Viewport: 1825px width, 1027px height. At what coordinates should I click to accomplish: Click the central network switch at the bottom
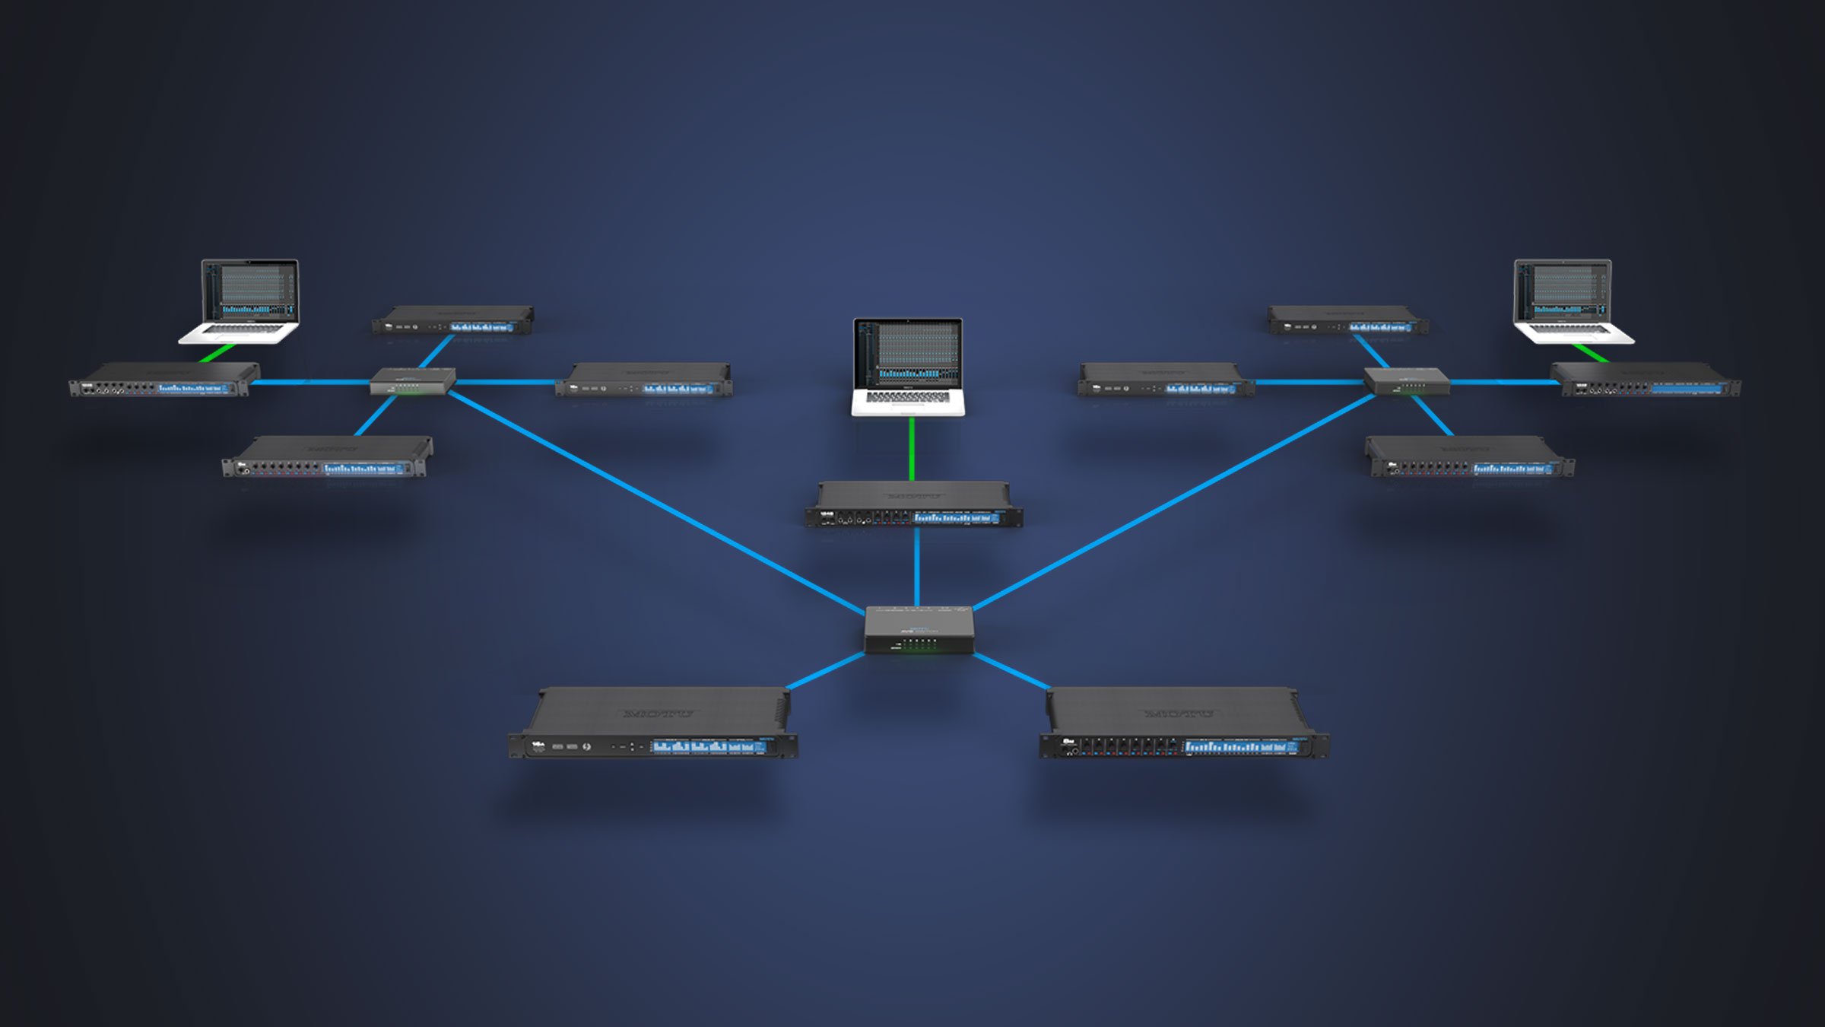click(919, 629)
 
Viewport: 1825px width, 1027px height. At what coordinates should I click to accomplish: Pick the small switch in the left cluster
click(413, 380)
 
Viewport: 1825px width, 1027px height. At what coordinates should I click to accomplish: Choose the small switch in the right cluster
click(1406, 380)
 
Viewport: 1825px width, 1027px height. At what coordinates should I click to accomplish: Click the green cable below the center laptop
click(912, 449)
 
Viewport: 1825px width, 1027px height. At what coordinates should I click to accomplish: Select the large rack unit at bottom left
click(654, 723)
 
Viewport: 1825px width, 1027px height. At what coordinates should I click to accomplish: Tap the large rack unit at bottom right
click(1183, 723)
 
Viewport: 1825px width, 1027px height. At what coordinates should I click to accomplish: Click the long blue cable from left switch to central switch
click(654, 502)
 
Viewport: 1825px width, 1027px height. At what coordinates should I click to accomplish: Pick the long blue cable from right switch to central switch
click(1175, 502)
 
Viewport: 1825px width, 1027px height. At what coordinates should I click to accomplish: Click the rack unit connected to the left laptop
click(163, 380)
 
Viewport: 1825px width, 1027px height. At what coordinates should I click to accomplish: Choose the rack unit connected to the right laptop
click(1646, 380)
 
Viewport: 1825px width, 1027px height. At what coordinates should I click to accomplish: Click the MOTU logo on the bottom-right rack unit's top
click(1178, 714)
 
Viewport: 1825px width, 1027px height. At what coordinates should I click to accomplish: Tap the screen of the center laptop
click(908, 353)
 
